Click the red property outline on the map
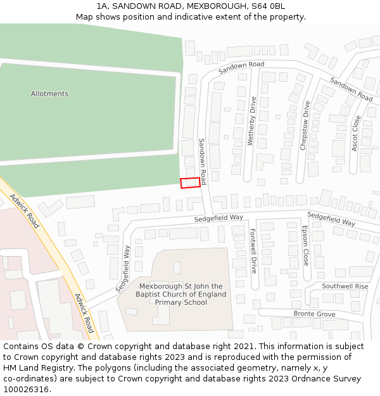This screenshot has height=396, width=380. (191, 182)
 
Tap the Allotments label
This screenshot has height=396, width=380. (49, 94)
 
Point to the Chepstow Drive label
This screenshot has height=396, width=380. (306, 125)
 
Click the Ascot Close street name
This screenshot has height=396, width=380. (357, 133)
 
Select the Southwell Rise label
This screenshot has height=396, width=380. (345, 286)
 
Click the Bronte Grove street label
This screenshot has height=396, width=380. (314, 314)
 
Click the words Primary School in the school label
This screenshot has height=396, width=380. (181, 302)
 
